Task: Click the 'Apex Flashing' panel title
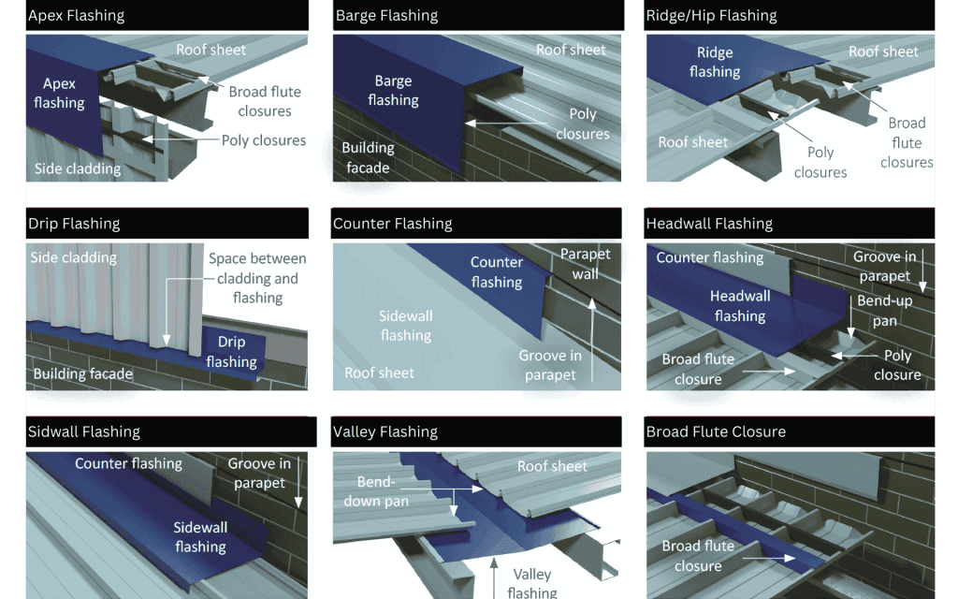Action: click(77, 16)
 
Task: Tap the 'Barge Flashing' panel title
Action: click(386, 16)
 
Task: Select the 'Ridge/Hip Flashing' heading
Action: click(711, 16)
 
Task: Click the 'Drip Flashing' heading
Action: click(74, 224)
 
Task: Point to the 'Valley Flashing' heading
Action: click(385, 431)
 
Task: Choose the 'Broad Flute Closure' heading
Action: click(716, 431)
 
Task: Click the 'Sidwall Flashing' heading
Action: click(84, 431)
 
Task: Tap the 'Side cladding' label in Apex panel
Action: click(78, 169)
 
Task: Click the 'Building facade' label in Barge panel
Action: click(368, 157)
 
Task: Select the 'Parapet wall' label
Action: click(585, 264)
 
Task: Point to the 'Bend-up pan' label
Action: click(884, 311)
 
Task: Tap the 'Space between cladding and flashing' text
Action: click(257, 278)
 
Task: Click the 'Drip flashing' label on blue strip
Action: click(231, 352)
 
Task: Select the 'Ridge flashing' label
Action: click(715, 62)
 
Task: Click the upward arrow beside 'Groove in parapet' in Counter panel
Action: click(592, 337)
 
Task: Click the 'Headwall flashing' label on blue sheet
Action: click(740, 306)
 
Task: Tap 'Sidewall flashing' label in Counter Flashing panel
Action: click(405, 326)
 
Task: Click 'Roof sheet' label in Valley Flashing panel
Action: click(552, 466)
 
